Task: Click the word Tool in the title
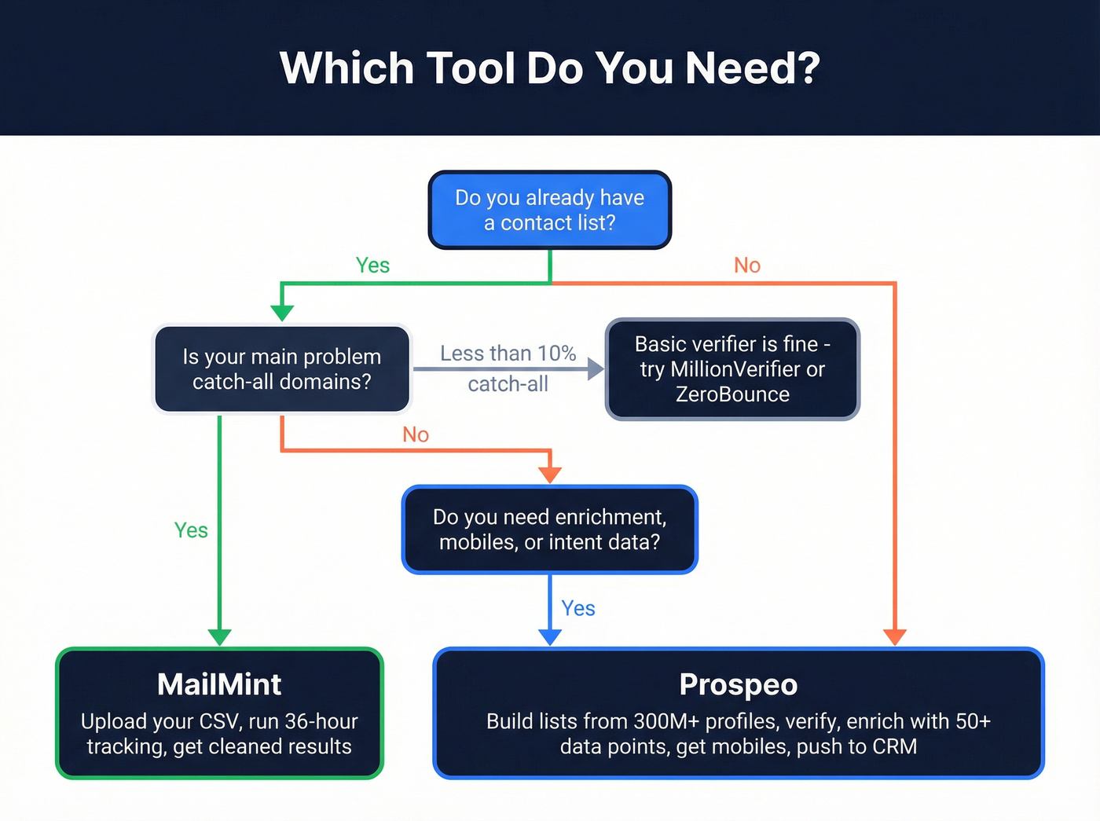coord(471,68)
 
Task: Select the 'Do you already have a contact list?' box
coord(549,210)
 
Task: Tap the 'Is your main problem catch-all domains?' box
coord(281,368)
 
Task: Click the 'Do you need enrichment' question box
coord(549,529)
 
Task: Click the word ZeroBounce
coord(732,394)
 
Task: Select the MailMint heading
coord(219,684)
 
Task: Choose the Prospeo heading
coord(738,684)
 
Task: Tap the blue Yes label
coord(577,608)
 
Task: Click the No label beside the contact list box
coord(746,266)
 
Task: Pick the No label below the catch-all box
coord(415,434)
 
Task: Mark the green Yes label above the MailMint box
coord(191,530)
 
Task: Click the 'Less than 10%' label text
coord(508,354)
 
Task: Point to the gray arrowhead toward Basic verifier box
coord(596,368)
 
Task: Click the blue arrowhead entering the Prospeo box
coord(549,637)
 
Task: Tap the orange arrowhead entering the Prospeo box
coord(895,637)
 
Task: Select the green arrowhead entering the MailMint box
coord(219,637)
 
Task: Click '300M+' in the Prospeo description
coord(666,721)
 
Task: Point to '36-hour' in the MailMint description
coord(321,721)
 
